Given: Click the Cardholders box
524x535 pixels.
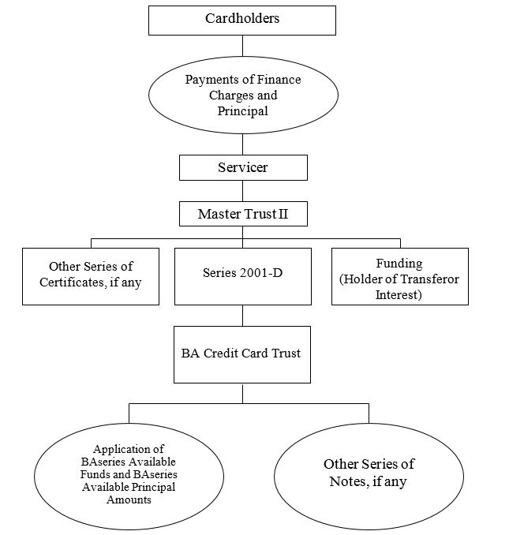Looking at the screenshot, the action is tap(242, 21).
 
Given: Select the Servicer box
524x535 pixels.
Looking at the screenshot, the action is tap(243, 167).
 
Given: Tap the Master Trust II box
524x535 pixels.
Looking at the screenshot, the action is tap(243, 214).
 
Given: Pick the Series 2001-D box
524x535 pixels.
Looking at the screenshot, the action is tap(243, 276).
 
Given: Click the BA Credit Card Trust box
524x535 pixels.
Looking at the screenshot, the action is tap(242, 354).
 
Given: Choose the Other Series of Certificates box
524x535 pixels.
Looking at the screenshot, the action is tap(91, 276).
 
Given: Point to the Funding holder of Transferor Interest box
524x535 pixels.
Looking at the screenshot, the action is tap(400, 276).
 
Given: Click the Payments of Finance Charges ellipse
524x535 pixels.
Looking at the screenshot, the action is tap(243, 95).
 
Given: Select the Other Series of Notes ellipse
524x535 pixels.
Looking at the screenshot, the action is tap(369, 477).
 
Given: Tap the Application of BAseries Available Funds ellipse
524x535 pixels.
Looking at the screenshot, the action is tap(129, 477).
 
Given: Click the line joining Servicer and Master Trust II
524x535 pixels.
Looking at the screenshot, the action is tap(242, 191).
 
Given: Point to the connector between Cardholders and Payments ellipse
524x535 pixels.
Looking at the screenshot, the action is tap(242, 46).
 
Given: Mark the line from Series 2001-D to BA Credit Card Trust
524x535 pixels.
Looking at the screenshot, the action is tap(242, 316).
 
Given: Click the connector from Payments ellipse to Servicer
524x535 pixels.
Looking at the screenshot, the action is tap(242, 144).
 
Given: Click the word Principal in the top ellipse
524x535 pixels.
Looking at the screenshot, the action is tap(243, 111).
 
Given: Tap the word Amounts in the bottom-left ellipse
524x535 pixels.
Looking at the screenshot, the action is tap(129, 499).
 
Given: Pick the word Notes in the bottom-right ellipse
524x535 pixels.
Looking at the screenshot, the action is tap(349, 481).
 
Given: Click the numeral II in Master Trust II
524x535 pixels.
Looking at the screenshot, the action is tap(283, 214).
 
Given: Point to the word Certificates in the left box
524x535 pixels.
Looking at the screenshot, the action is tap(73, 282).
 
